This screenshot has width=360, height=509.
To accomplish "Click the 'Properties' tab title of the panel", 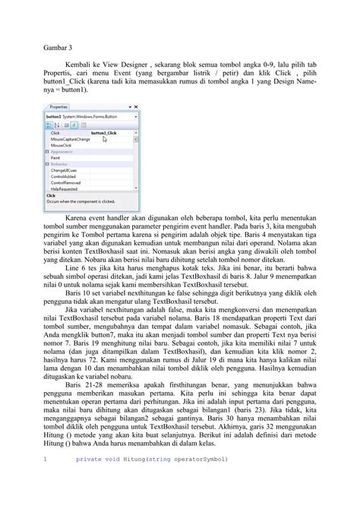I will pos(59,108).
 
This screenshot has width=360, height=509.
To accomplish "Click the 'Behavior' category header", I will pos(60,164).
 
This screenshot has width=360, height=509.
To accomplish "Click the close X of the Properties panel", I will pos(135,108).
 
